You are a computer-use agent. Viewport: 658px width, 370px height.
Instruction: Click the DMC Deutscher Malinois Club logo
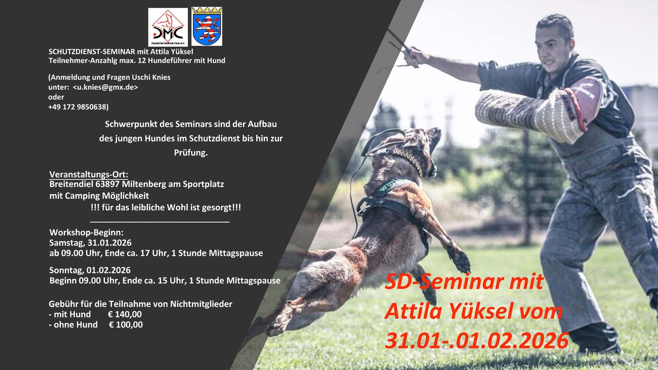click(168, 27)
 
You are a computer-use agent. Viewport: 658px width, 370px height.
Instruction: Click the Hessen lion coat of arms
click(207, 26)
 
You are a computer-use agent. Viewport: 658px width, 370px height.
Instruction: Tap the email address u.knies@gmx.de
click(106, 87)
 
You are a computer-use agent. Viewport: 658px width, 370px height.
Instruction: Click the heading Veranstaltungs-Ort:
click(89, 174)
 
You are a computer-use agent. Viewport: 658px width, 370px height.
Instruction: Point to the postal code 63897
click(108, 184)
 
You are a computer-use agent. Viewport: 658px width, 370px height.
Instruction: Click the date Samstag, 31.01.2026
click(90, 243)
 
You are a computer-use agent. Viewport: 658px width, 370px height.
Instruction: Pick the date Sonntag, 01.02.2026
click(90, 270)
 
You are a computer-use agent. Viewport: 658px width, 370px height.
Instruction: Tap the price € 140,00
click(125, 314)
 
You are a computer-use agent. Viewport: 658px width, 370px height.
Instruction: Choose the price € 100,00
click(126, 324)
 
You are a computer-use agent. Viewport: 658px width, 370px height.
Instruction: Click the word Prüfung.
click(191, 153)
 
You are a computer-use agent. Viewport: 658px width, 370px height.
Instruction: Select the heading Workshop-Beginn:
click(86, 233)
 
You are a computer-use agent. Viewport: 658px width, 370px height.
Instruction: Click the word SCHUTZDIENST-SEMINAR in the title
click(92, 52)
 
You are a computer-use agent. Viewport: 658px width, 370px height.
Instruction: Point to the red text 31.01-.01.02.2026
click(477, 341)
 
